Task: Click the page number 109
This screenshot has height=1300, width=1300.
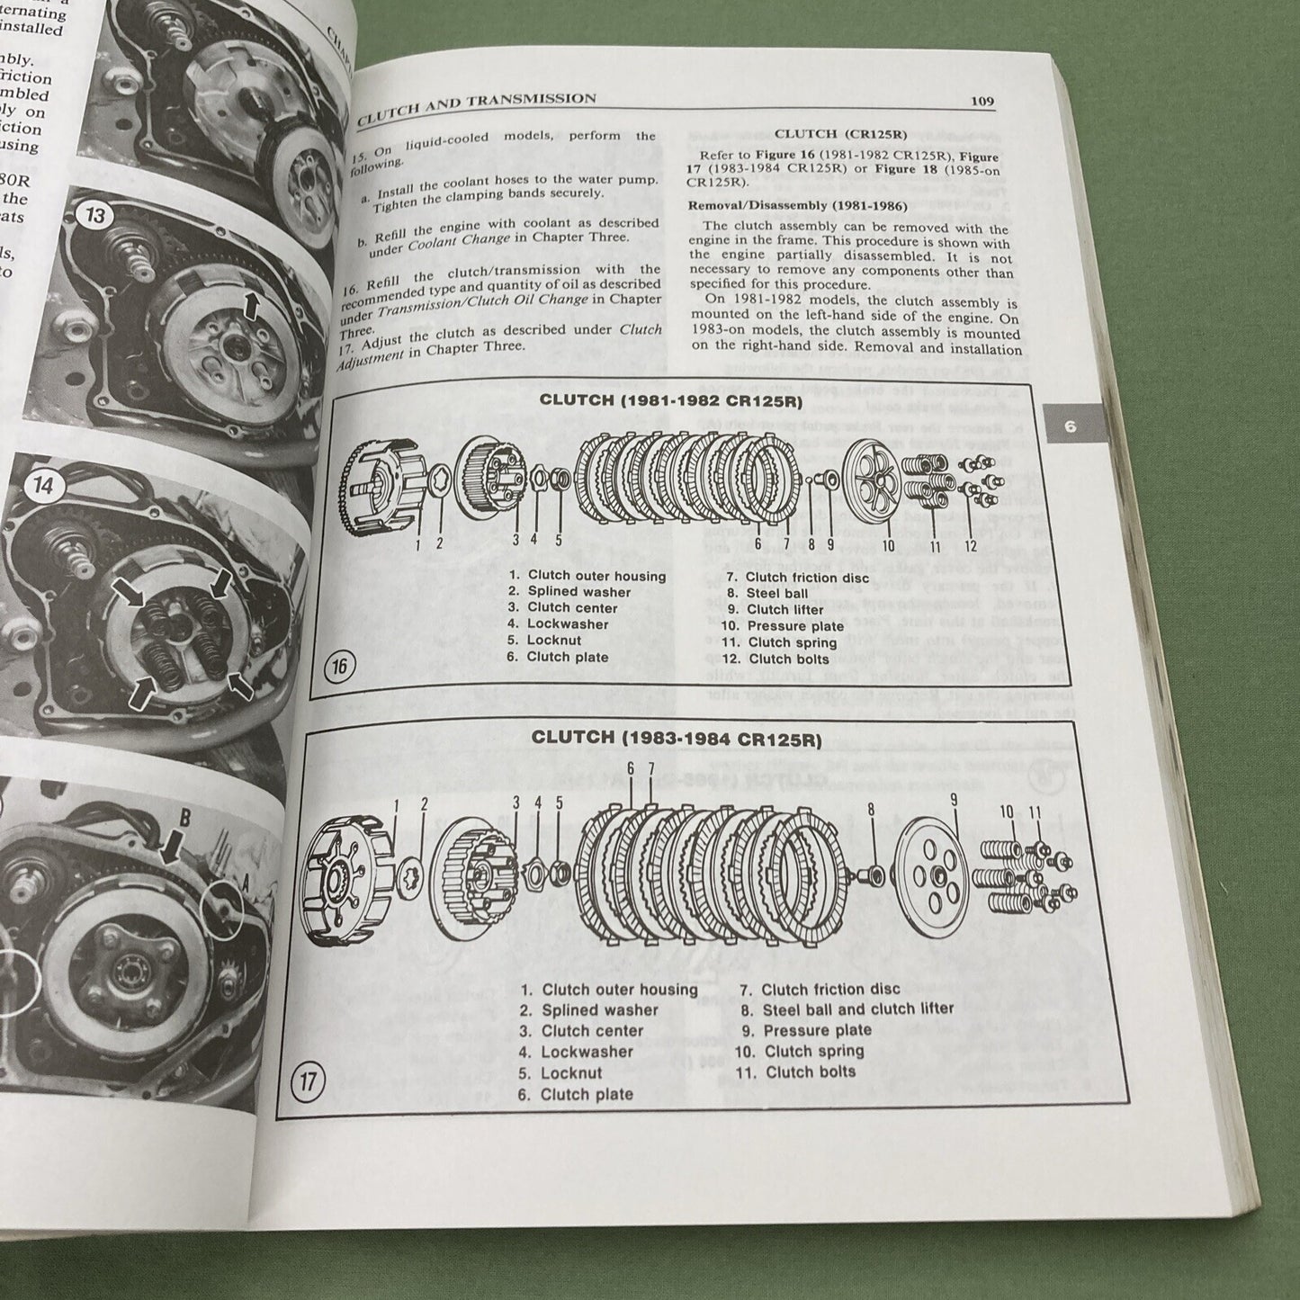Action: pyautogui.click(x=982, y=101)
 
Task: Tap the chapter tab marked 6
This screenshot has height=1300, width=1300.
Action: pyautogui.click(x=1070, y=426)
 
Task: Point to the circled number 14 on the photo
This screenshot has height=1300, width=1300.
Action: pyautogui.click(x=43, y=486)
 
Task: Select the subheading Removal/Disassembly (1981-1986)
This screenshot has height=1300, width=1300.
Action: pyautogui.click(x=784, y=205)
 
